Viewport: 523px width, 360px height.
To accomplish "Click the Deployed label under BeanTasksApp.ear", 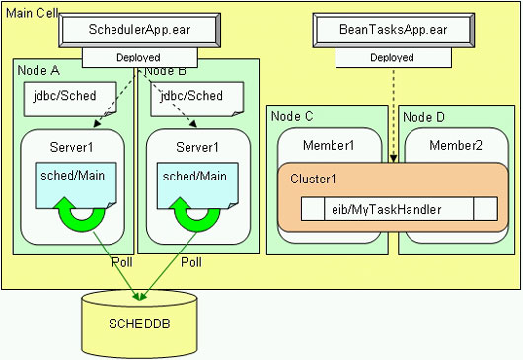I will [391, 58].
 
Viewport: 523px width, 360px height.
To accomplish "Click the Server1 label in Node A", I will [72, 147].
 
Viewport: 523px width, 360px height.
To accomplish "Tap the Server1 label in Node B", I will [197, 147].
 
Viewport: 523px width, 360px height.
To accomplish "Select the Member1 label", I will [328, 146].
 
